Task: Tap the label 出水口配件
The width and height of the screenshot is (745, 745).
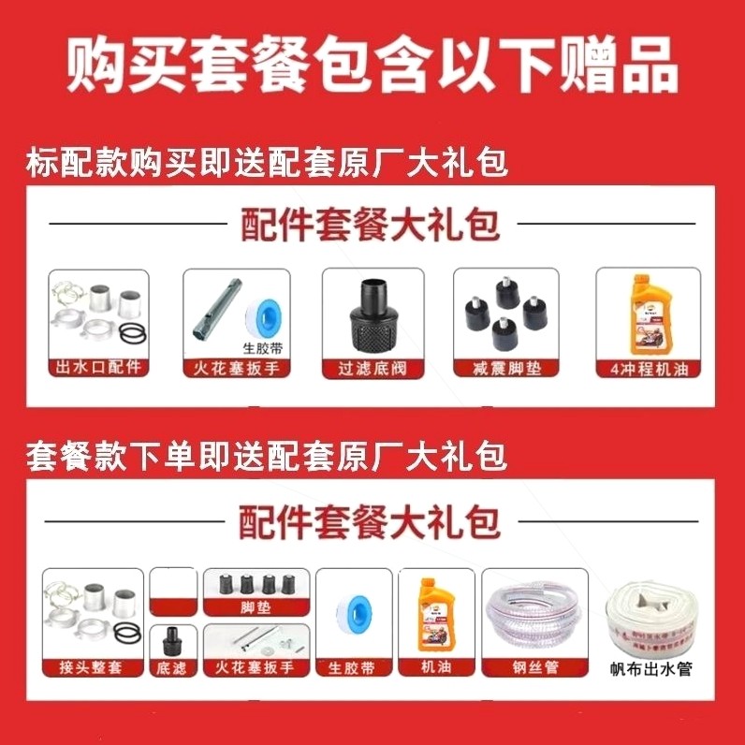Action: (x=97, y=367)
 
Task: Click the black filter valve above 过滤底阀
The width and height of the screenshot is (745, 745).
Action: (x=372, y=314)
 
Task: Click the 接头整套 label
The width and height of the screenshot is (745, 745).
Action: (x=93, y=667)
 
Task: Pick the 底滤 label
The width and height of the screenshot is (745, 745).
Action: (x=173, y=667)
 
